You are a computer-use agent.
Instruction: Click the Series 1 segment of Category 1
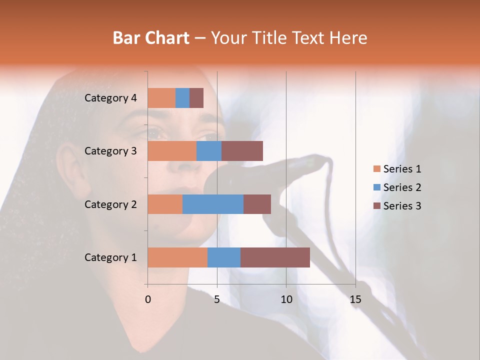177,257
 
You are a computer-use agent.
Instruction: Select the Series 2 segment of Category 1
224,257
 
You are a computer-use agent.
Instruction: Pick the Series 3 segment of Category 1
275,257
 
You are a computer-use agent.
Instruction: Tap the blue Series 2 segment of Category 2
213,204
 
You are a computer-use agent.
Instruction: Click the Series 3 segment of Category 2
257,204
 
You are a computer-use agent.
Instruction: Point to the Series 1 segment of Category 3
172,151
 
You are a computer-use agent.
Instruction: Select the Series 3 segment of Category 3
242,151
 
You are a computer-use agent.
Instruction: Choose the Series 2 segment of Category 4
182,98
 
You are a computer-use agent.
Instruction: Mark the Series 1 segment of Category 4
161,98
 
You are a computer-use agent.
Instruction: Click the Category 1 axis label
110,257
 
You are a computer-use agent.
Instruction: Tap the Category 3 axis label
110,151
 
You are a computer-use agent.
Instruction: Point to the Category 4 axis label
110,98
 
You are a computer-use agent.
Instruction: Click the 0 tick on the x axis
148,299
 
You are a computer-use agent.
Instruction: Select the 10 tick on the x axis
286,299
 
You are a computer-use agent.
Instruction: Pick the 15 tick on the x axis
355,299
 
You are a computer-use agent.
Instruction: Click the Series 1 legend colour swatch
376,169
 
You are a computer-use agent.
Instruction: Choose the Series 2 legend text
402,187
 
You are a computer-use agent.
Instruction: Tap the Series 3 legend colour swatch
376,206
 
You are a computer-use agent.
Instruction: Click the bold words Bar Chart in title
151,37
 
